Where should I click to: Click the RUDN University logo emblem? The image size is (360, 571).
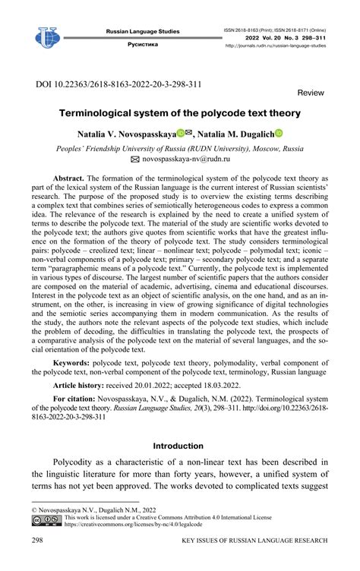(x=46, y=36)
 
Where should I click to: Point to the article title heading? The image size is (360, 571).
(x=180, y=113)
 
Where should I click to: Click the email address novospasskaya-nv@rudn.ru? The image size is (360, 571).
(x=188, y=160)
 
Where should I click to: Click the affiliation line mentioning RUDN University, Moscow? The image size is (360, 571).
(x=180, y=148)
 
